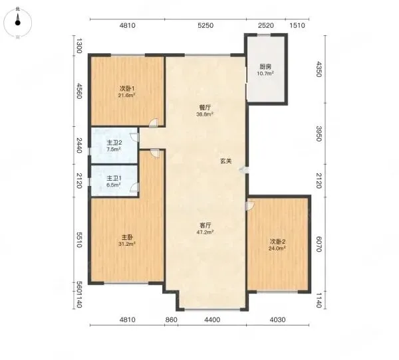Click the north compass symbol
pyautogui.click(x=17, y=23)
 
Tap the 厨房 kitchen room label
pyautogui.click(x=265, y=67)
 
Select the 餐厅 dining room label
pyautogui.click(x=205, y=108)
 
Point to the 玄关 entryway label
pyautogui.click(x=226, y=161)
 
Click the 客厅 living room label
pyautogui.click(x=205, y=225)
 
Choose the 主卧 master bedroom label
pyautogui.click(x=127, y=238)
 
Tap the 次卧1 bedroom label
pyautogui.click(x=127, y=89)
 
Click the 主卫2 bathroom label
pyautogui.click(x=114, y=143)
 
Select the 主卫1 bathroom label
pyautogui.click(x=114, y=178)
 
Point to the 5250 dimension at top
pyautogui.click(x=205, y=26)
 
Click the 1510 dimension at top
pyautogui.click(x=297, y=26)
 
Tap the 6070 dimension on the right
pyautogui.click(x=319, y=244)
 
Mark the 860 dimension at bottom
pyautogui.click(x=171, y=319)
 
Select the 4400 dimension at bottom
pyautogui.click(x=212, y=319)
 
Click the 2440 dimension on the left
pyautogui.click(x=79, y=145)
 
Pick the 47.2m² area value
pyautogui.click(x=205, y=232)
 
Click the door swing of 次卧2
pyautogui.click(x=250, y=206)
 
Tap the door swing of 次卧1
pyautogui.click(x=154, y=122)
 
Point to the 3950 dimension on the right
pyautogui.click(x=319, y=134)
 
